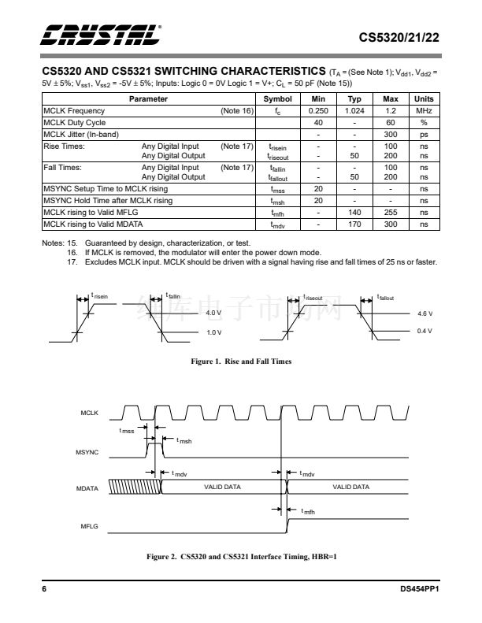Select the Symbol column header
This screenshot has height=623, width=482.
click(x=277, y=100)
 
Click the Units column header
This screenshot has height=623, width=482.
click(x=424, y=100)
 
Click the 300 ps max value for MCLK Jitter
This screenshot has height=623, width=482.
click(x=390, y=134)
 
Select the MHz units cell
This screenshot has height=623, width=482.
click(x=424, y=111)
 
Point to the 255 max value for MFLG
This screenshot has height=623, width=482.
click(x=390, y=213)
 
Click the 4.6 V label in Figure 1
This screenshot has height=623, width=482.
click(x=425, y=313)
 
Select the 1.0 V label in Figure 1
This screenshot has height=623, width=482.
click(x=213, y=332)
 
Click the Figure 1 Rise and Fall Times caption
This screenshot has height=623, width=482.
click(x=241, y=362)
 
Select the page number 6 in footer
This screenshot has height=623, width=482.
click(x=45, y=589)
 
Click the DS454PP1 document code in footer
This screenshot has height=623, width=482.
click(x=418, y=589)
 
